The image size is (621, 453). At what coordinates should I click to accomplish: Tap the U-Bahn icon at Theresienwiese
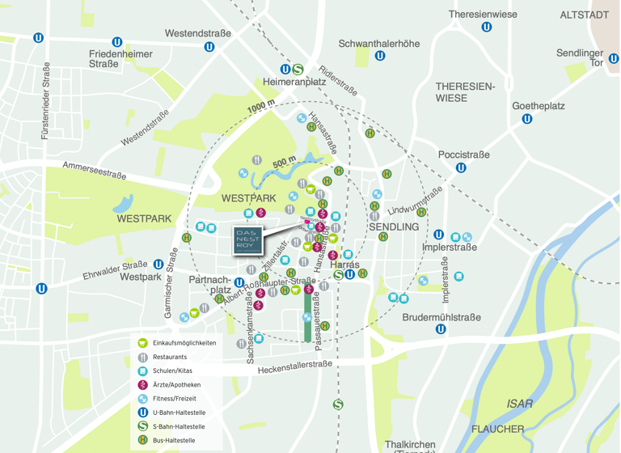[x=487, y=27]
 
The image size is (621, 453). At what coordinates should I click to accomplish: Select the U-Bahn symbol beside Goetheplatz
[x=527, y=119]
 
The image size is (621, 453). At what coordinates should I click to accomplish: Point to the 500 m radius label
[x=284, y=163]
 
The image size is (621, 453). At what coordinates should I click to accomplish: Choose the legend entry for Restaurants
[x=170, y=357]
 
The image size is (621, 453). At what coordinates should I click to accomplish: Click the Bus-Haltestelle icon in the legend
[x=143, y=441]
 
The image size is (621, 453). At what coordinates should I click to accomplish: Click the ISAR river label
[x=519, y=404]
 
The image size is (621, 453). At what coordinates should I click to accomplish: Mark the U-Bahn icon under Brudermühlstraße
[x=441, y=329]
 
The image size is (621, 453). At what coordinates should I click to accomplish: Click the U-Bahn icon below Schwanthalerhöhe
[x=380, y=56]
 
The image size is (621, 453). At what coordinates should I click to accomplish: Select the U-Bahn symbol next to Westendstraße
[x=209, y=46]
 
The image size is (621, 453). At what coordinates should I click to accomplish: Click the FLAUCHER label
[x=498, y=429]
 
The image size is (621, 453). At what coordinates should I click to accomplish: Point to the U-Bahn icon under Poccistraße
[x=461, y=168]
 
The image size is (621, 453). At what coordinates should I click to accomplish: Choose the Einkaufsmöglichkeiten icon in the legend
[x=143, y=343]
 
